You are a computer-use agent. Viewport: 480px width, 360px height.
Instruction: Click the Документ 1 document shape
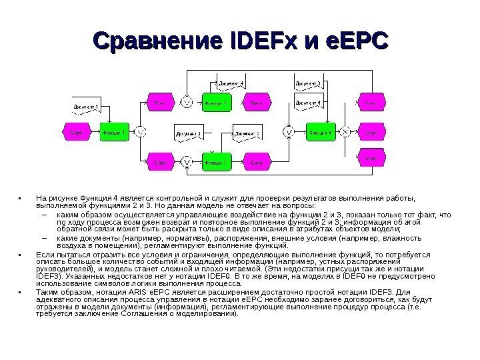[x=87, y=107]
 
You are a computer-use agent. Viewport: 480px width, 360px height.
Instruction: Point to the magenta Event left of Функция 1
[x=77, y=132]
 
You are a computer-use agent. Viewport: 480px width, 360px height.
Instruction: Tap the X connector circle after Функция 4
[x=345, y=132]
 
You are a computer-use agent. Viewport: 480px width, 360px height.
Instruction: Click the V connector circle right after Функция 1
[x=141, y=132]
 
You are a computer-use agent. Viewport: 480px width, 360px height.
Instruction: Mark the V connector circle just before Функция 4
[x=289, y=132]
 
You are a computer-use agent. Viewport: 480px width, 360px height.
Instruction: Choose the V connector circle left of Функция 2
[x=187, y=162]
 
